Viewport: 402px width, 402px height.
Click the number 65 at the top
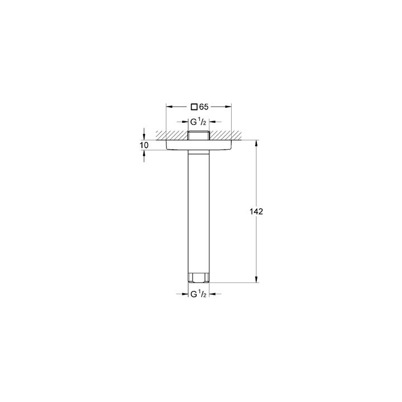point(204,106)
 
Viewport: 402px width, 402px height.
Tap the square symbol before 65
point(194,106)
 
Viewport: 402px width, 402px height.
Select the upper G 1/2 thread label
point(199,122)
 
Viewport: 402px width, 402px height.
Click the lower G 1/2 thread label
point(199,294)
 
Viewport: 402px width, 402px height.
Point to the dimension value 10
point(144,145)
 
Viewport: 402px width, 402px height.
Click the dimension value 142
point(257,212)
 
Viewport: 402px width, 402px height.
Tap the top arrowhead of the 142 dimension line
point(256,142)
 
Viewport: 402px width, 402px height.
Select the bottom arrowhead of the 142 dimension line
point(256,281)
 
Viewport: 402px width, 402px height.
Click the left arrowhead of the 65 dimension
point(169,106)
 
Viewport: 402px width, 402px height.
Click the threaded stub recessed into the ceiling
point(199,135)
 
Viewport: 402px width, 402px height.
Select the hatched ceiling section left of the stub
point(176,135)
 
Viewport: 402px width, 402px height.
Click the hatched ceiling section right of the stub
point(223,135)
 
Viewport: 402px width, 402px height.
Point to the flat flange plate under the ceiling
point(199,145)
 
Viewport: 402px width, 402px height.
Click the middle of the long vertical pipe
point(199,212)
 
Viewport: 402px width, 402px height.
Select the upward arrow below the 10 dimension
point(144,154)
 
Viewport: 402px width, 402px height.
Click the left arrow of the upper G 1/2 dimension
point(185,122)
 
